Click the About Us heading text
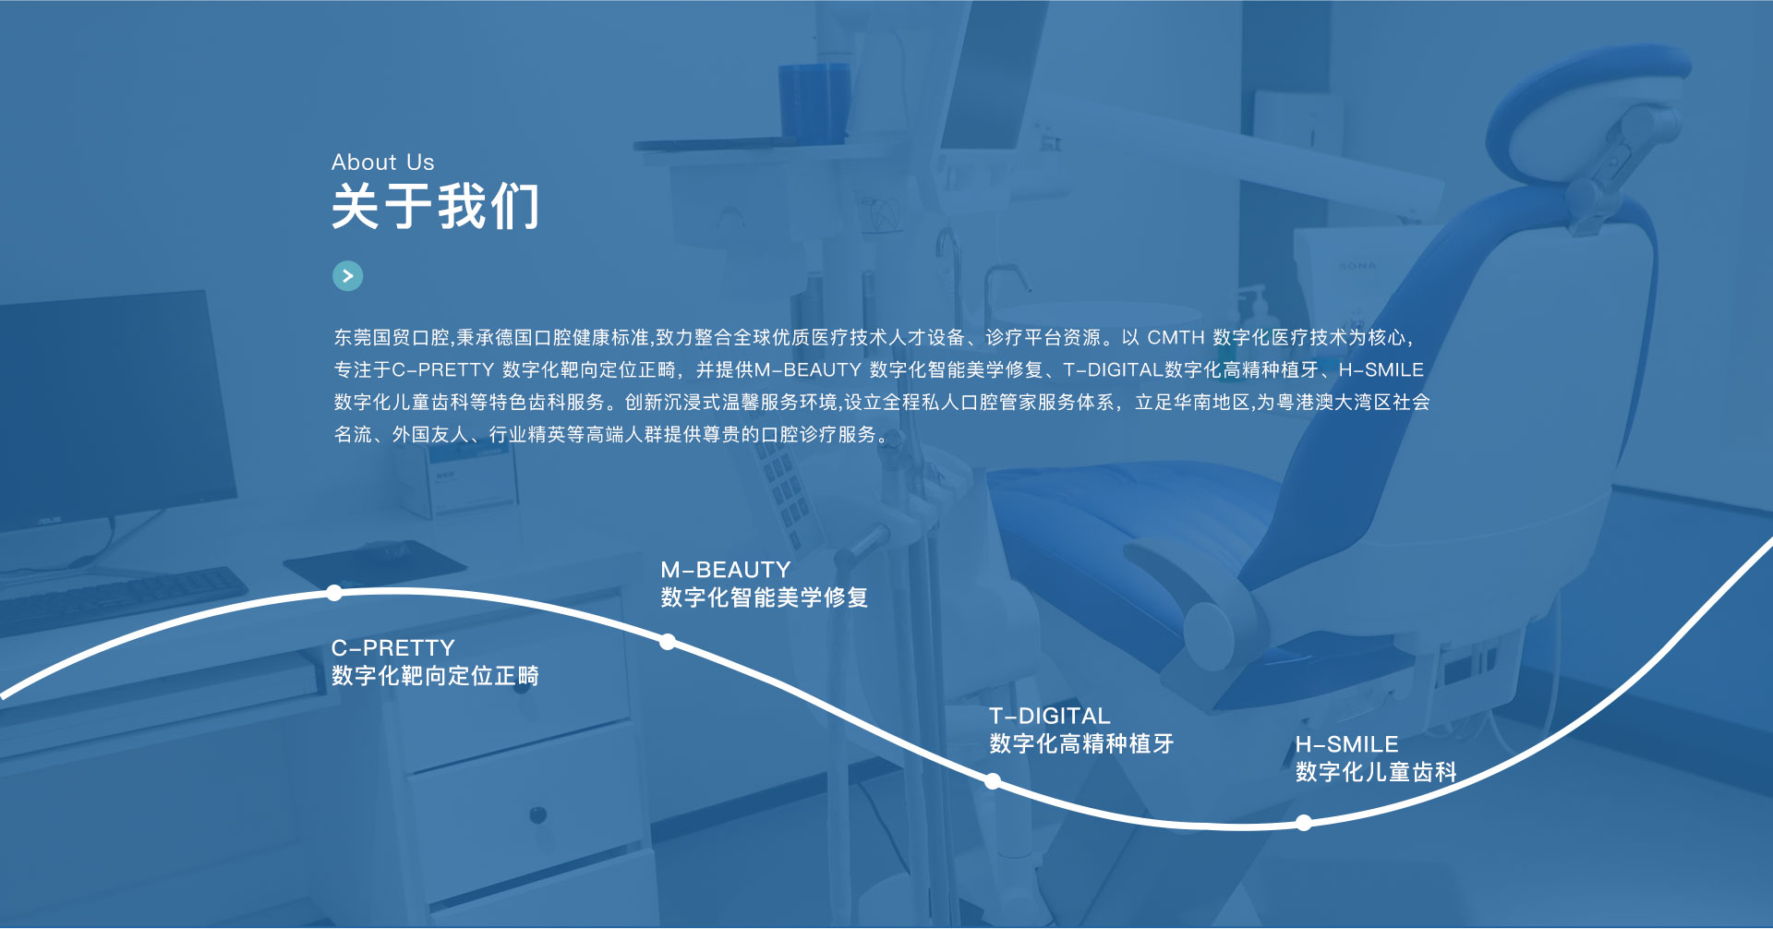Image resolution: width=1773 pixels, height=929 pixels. pyautogui.click(x=382, y=163)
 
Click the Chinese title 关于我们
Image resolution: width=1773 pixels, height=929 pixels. pyautogui.click(x=435, y=206)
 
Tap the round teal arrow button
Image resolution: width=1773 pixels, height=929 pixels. pyautogui.click(x=347, y=275)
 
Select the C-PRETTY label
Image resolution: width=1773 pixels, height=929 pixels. pyautogui.click(x=392, y=647)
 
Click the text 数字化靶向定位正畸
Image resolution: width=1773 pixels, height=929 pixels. pyautogui.click(x=435, y=676)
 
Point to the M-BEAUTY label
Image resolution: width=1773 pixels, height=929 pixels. pyautogui.click(x=726, y=570)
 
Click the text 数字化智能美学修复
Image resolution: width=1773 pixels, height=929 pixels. pyautogui.click(x=765, y=597)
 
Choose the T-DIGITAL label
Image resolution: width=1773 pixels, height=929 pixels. pyautogui.click(x=1049, y=716)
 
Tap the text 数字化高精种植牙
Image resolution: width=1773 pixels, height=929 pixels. pyautogui.click(x=1081, y=743)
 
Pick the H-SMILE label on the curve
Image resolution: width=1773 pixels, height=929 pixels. pyautogui.click(x=1346, y=744)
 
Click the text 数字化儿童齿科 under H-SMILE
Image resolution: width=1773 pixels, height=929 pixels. pyautogui.click(x=1376, y=772)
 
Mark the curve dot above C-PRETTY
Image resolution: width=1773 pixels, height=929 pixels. pyautogui.click(x=334, y=593)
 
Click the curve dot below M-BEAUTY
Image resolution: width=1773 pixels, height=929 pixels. pyautogui.click(x=668, y=642)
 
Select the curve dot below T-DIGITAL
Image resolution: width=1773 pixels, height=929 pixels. pyautogui.click(x=993, y=781)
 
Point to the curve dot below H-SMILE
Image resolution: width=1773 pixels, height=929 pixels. pyautogui.click(x=1303, y=823)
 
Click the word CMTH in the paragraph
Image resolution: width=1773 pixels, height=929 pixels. pyautogui.click(x=1176, y=338)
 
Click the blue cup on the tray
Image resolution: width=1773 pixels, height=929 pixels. pyautogui.click(x=814, y=102)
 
